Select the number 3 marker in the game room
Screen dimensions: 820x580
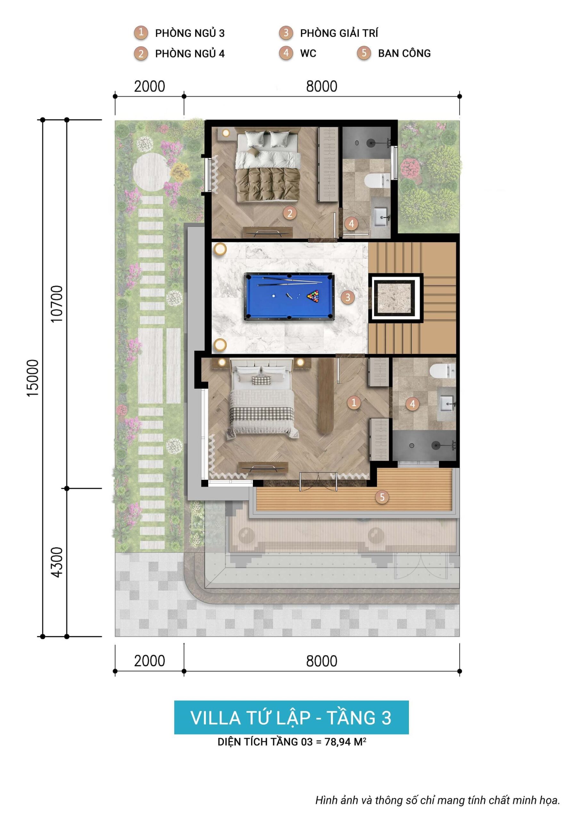point(347,297)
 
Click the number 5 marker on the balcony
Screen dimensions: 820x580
point(382,497)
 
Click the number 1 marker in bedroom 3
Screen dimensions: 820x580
point(354,403)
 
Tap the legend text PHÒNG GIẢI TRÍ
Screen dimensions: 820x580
point(339,33)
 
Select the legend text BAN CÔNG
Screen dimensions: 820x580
point(404,53)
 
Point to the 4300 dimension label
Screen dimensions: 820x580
point(57,562)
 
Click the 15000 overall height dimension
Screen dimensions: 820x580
point(33,378)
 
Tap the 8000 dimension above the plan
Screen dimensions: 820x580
point(322,86)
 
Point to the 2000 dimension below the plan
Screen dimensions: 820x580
point(149,661)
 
